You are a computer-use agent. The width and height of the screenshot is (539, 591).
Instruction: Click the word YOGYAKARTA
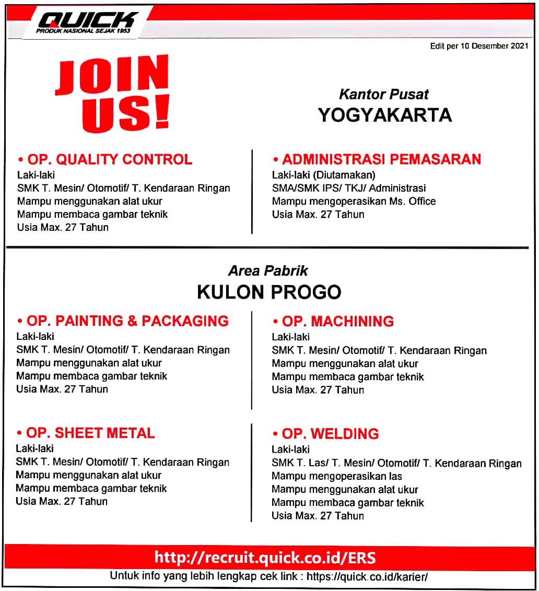[384, 115]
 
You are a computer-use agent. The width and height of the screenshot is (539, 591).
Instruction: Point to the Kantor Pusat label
[384, 94]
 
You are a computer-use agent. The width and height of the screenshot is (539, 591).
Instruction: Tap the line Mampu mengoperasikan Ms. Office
[354, 201]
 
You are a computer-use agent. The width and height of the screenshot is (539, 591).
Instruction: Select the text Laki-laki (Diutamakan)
[323, 175]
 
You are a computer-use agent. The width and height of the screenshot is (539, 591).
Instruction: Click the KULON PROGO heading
[269, 292]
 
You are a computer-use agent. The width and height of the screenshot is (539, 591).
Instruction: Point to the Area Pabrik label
[268, 271]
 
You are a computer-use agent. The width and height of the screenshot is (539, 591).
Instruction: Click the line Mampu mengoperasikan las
[336, 476]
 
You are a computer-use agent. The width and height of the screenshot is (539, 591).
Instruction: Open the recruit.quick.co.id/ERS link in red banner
[265, 558]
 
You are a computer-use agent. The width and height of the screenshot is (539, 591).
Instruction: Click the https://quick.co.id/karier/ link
[367, 577]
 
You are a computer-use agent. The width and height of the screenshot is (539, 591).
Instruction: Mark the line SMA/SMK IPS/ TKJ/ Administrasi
[349, 188]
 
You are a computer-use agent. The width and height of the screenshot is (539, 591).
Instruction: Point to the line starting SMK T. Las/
[396, 463]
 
